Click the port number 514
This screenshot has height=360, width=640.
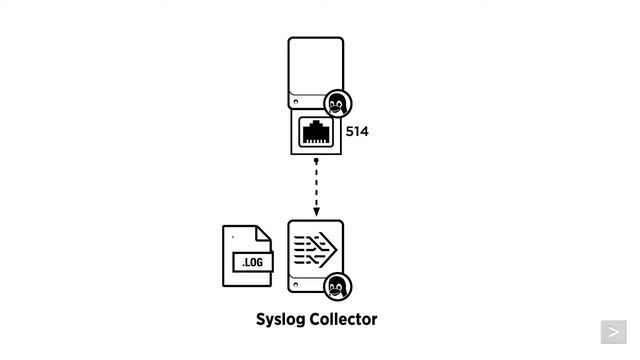[357, 131]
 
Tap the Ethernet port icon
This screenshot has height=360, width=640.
[316, 131]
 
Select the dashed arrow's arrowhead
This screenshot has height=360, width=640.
[316, 211]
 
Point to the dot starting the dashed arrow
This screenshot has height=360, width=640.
[316, 160]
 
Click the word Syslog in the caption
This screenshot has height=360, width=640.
[283, 320]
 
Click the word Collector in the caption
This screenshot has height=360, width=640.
[346, 319]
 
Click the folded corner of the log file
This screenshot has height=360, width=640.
[264, 233]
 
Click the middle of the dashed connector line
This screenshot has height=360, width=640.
[316, 186]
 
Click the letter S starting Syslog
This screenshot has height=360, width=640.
[262, 319]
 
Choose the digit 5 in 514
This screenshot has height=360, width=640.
[350, 131]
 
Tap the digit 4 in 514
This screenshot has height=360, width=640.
[364, 131]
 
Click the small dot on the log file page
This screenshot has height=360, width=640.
[233, 238]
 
